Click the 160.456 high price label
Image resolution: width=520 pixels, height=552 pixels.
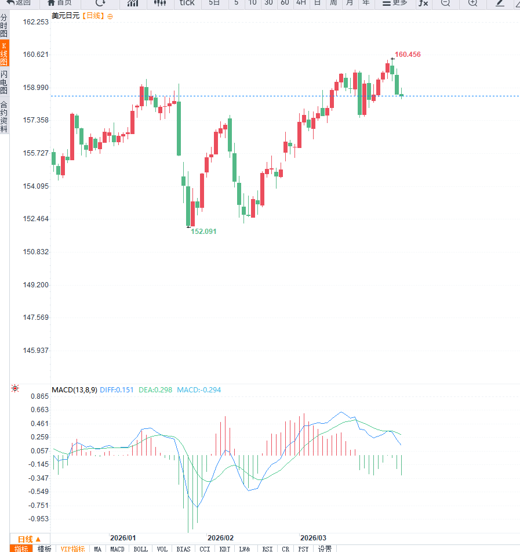pyautogui.click(x=408, y=55)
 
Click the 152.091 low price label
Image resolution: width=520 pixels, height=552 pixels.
pyautogui.click(x=203, y=231)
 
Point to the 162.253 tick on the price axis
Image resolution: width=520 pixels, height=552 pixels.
pyautogui.click(x=36, y=22)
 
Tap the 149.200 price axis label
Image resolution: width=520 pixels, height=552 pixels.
pyautogui.click(x=36, y=285)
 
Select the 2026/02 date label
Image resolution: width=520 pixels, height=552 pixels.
pyautogui.click(x=220, y=538)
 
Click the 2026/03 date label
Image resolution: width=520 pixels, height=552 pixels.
pyautogui.click(x=313, y=538)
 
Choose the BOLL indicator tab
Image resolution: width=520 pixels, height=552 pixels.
pyautogui.click(x=140, y=549)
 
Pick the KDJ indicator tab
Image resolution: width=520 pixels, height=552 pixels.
pyautogui.click(x=225, y=549)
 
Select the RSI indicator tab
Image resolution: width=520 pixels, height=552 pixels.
pyautogui.click(x=267, y=549)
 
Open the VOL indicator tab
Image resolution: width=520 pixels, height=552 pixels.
pyautogui.click(x=162, y=549)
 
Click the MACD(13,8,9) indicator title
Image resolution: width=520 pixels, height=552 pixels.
pyautogui.click(x=74, y=389)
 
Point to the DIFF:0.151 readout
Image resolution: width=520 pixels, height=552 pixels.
pyautogui.click(x=117, y=389)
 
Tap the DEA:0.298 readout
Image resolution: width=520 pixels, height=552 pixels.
pyautogui.click(x=155, y=389)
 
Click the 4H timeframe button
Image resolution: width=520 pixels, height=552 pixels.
pyautogui.click(x=301, y=3)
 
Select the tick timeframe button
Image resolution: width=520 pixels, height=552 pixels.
pyautogui.click(x=187, y=3)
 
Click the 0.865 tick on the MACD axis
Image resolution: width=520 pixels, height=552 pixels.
pyautogui.click(x=39, y=396)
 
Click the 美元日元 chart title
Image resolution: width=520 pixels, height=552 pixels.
pyautogui.click(x=66, y=16)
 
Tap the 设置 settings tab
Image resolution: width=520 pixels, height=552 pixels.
pyautogui.click(x=325, y=549)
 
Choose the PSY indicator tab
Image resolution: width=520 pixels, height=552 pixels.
pyautogui.click(x=303, y=549)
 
